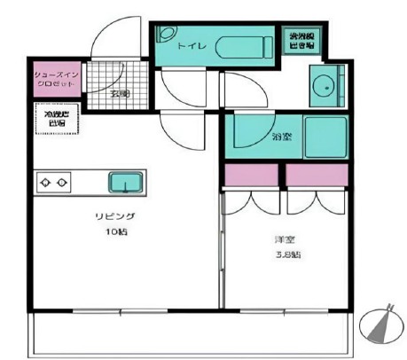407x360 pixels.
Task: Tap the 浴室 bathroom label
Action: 283,137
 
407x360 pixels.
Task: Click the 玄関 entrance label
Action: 120,92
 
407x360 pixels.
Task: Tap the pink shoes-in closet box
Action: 57,80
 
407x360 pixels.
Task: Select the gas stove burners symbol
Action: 52,183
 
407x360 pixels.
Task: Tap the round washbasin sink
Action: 325,87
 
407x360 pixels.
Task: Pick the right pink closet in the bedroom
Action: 316,176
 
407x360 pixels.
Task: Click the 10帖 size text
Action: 117,233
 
